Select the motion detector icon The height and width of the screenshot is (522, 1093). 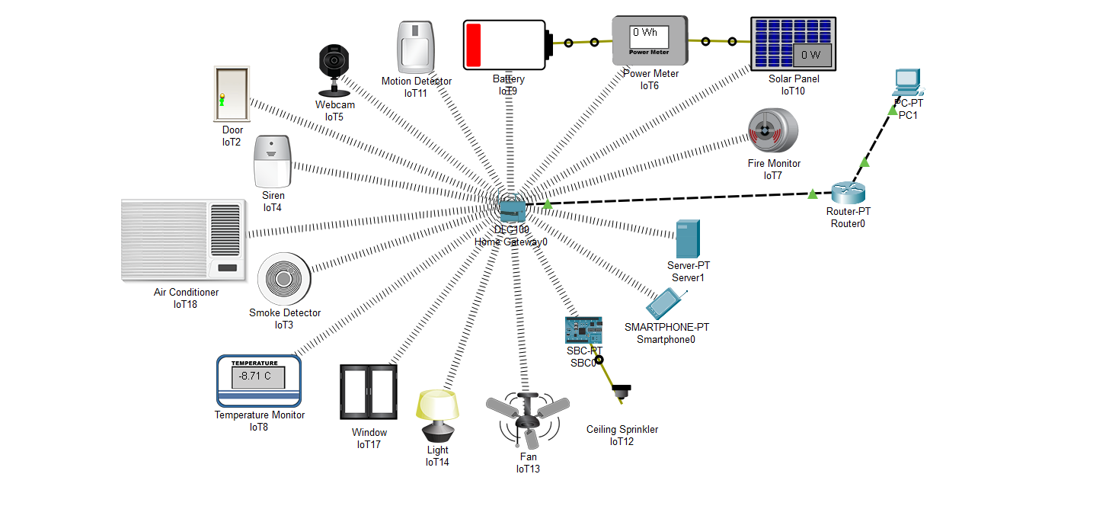[415, 47]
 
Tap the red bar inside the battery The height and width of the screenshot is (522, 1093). [474, 45]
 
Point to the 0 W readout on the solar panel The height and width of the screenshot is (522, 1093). [811, 55]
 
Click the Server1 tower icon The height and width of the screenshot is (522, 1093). [687, 239]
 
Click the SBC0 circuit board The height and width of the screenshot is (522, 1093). [583, 330]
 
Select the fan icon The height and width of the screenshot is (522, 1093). [527, 420]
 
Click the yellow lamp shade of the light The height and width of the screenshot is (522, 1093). [437, 404]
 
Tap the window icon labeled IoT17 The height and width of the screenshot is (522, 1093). [369, 392]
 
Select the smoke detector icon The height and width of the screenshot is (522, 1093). [283, 279]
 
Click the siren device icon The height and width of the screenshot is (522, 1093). [273, 162]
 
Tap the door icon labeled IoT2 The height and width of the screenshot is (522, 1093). [232, 94]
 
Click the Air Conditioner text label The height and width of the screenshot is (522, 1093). [186, 292]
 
